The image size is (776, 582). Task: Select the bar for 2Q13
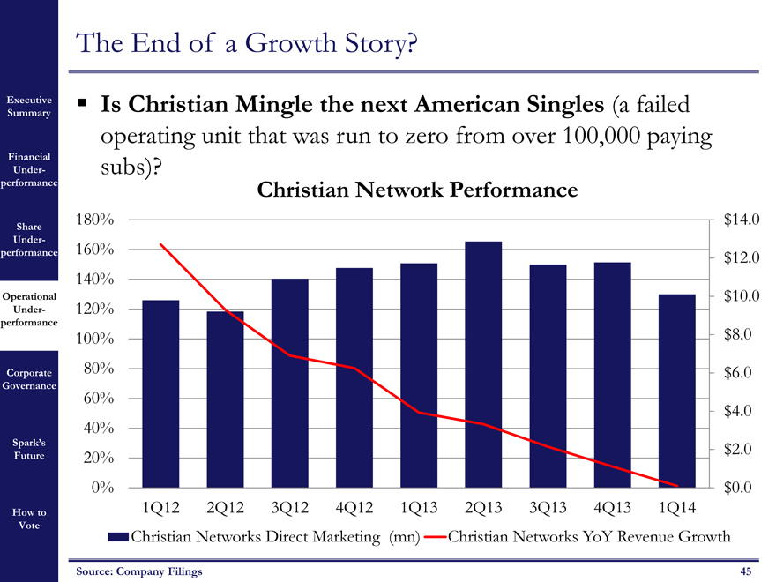pos(483,363)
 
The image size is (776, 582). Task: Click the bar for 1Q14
pos(677,390)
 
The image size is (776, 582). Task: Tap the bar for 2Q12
pos(225,399)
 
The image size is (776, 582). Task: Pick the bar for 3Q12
pos(289,383)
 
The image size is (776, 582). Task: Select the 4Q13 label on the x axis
pos(612,508)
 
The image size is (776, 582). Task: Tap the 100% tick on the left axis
pos(93,339)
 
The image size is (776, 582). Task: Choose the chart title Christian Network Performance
pos(417,190)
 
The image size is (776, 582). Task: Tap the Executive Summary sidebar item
pos(29,107)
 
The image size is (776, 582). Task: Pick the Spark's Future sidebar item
pos(28,449)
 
